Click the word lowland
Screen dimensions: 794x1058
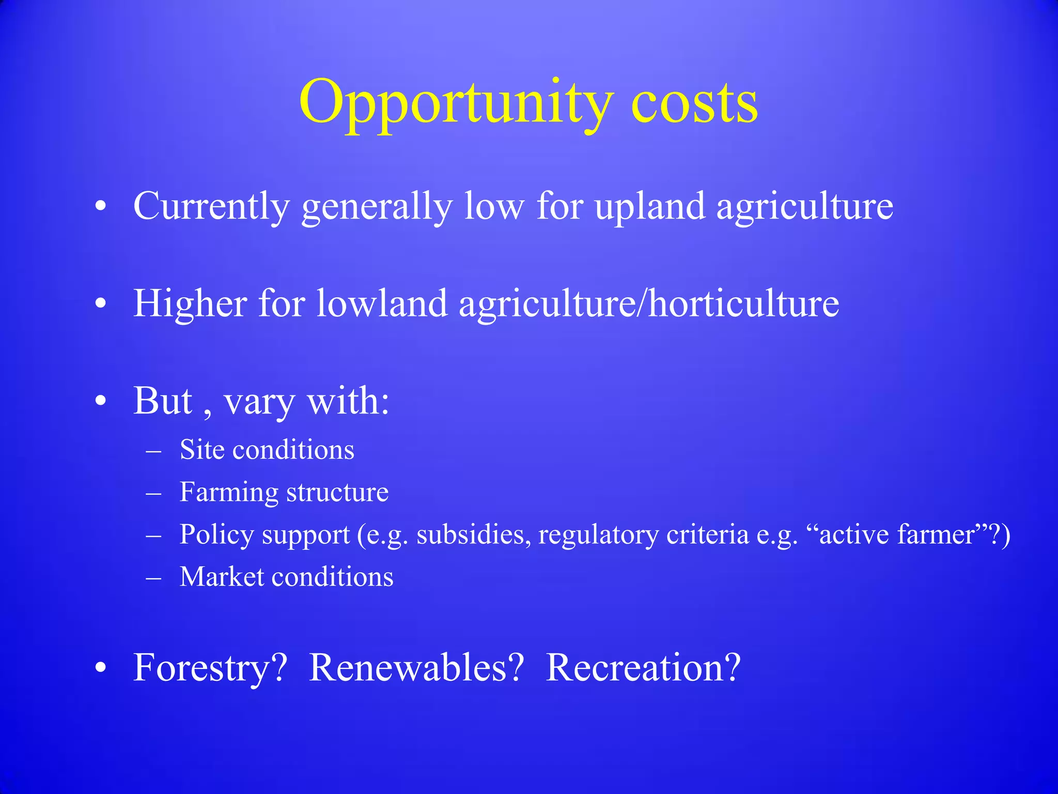(x=381, y=303)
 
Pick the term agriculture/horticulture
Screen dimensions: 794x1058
(x=649, y=303)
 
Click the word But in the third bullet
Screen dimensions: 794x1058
(x=163, y=401)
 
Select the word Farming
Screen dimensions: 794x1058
(x=228, y=493)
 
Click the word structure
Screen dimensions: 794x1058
(x=337, y=493)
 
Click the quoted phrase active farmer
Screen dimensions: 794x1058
(x=896, y=535)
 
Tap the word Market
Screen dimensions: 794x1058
(x=222, y=577)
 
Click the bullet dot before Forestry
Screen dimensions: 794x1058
(x=101, y=668)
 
